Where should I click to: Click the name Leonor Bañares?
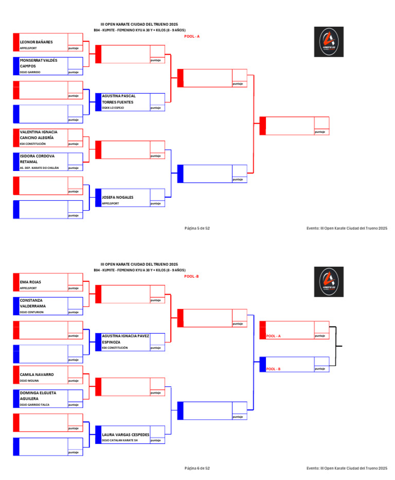36,42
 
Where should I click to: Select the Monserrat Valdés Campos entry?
39,63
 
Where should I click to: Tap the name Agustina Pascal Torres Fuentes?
119,99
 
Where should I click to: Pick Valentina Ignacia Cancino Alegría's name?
39,135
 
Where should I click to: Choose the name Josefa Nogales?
117,197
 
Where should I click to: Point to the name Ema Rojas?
31,282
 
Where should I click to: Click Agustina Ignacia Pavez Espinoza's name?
125,338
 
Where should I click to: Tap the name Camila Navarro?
37,374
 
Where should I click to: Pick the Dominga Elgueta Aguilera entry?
38,395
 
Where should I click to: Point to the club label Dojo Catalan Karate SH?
120,440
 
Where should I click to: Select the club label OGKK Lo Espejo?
113,108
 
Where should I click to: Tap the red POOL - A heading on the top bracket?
192,36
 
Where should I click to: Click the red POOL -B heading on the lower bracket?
191,276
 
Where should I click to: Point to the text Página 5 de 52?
197,228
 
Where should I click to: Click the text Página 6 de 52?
197,468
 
